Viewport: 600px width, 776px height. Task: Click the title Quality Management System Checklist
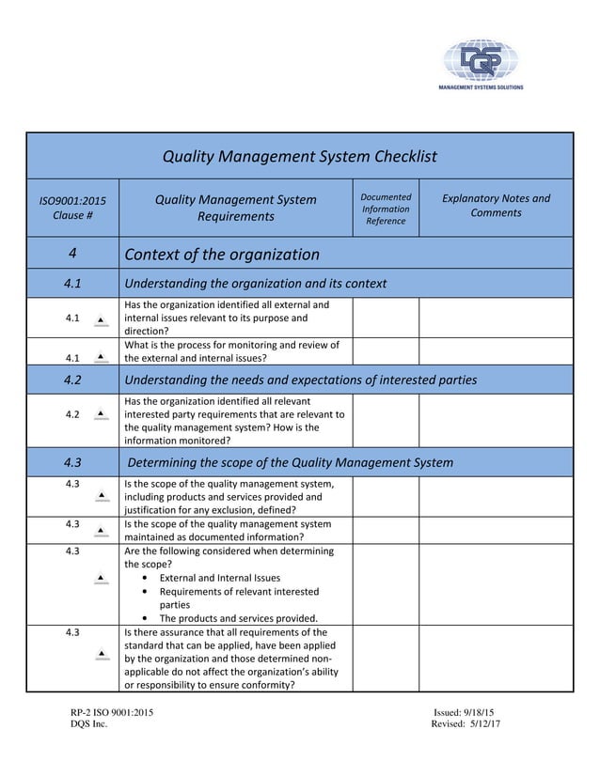300,156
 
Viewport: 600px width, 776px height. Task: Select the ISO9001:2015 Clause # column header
71,208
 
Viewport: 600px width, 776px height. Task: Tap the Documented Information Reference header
386,209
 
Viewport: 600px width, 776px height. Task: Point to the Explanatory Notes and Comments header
496,206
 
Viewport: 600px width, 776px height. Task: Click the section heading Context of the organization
222,255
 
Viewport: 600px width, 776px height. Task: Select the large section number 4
71,255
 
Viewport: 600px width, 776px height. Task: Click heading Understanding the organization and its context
255,284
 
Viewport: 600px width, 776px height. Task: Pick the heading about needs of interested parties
300,380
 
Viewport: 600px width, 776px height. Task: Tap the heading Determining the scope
290,462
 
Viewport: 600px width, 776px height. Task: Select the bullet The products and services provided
238,618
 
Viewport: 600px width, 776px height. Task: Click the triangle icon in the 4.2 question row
102,413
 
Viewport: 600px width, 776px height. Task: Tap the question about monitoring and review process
231,350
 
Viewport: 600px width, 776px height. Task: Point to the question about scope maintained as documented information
228,530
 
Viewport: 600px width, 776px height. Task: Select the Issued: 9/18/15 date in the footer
465,713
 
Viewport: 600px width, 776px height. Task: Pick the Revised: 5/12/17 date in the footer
466,724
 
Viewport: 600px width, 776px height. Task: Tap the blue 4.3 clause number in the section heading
71,462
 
